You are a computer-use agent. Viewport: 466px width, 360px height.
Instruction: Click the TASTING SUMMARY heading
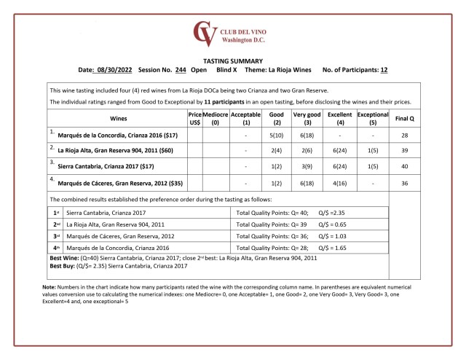[233, 60]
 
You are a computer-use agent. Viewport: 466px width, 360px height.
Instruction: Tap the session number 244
[181, 70]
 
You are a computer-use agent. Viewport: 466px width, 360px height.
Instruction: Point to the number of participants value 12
[384, 70]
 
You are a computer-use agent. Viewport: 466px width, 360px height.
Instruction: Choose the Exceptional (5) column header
[372, 120]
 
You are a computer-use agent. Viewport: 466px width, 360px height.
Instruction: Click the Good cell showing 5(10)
[276, 135]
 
